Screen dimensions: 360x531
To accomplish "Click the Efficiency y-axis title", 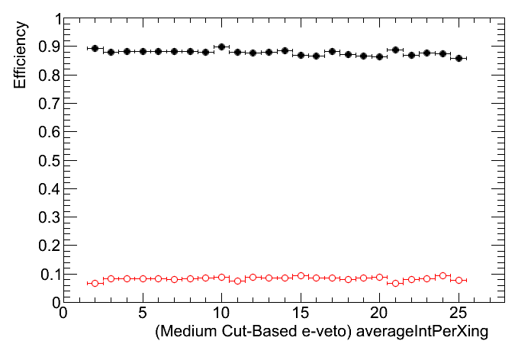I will pyautogui.click(x=22, y=55).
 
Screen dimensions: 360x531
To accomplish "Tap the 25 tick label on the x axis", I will pyautogui.click(x=459, y=313).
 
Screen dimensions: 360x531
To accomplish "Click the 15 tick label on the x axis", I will pyautogui.click(x=301, y=313).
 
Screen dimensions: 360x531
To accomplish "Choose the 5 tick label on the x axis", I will pyautogui.click(x=143, y=313).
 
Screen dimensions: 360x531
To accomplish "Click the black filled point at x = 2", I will pyautogui.click(x=95, y=48).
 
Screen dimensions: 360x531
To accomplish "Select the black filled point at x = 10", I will pyautogui.click(x=221, y=47).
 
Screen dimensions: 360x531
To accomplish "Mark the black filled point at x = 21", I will pyautogui.click(x=395, y=50).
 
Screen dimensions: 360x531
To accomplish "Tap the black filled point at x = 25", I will pyautogui.click(x=459, y=58).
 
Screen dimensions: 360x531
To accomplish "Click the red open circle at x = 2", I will pyautogui.click(x=95, y=283).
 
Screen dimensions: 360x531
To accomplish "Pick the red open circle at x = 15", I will pyautogui.click(x=301, y=275).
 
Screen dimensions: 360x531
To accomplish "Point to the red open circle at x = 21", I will pyautogui.click(x=395, y=283).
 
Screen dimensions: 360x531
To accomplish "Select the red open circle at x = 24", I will pyautogui.click(x=443, y=275).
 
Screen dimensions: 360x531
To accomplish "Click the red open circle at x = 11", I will pyautogui.click(x=237, y=281).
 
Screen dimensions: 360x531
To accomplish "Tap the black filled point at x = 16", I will pyautogui.click(x=316, y=56).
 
